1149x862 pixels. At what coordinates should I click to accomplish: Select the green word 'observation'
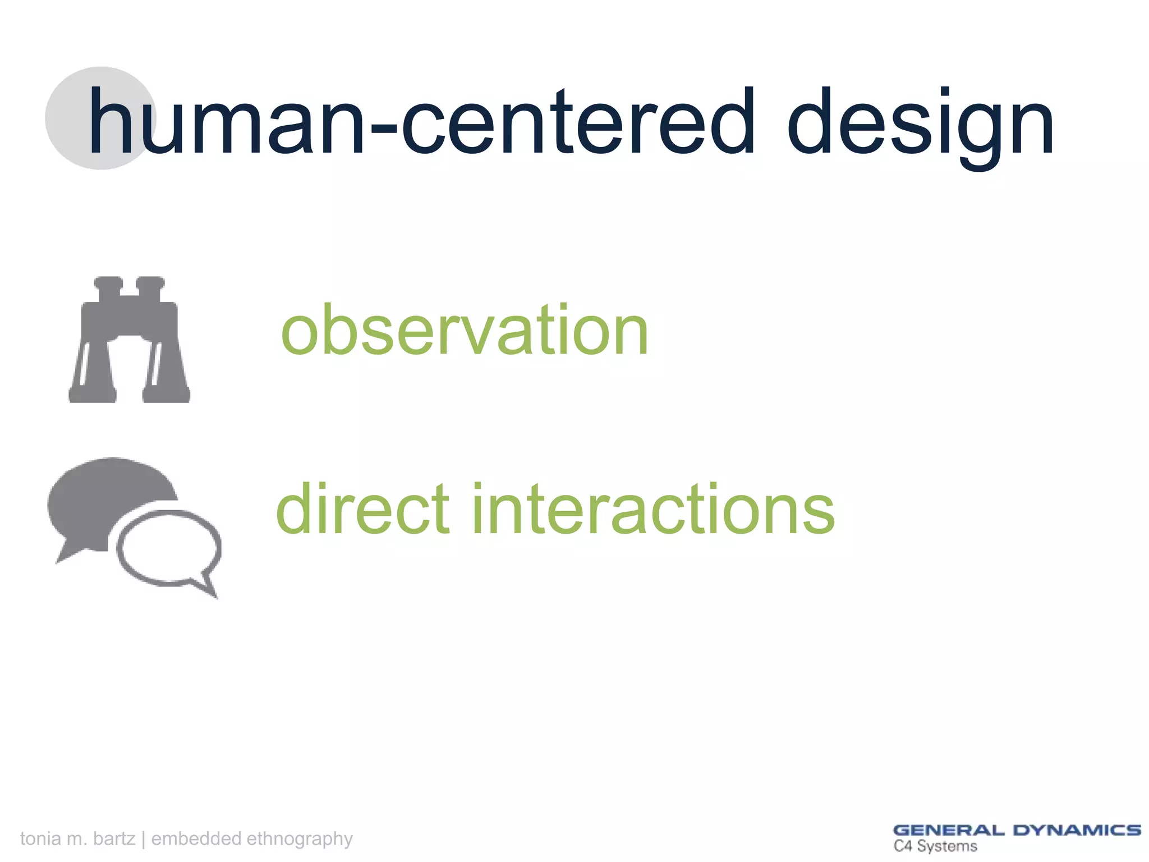(x=465, y=331)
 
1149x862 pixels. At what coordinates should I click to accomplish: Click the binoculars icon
(x=129, y=340)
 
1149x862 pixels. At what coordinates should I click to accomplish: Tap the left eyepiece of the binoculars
(x=108, y=283)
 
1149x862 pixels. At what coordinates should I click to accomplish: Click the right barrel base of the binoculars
(x=166, y=393)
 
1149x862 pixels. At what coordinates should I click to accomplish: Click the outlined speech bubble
(x=168, y=547)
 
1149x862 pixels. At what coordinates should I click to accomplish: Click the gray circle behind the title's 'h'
(x=67, y=118)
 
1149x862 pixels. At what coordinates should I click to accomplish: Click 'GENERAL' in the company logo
(x=948, y=831)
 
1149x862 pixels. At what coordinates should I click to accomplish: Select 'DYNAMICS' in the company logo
(x=1077, y=831)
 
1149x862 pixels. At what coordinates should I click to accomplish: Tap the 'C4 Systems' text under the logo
(x=935, y=846)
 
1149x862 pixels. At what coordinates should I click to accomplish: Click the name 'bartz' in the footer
(x=114, y=838)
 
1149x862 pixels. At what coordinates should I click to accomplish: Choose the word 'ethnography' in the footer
(x=300, y=838)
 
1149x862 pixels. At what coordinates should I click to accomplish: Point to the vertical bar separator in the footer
(x=144, y=838)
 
